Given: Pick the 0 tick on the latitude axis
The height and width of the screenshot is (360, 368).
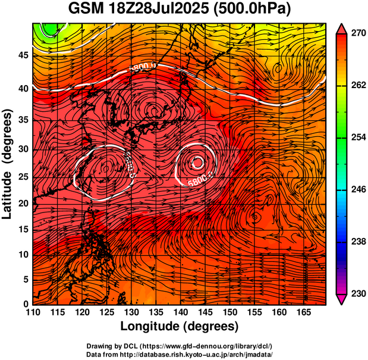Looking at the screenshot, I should pyautogui.click(x=26, y=305).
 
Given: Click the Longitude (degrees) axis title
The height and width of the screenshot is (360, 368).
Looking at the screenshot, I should pyautogui.click(x=180, y=326).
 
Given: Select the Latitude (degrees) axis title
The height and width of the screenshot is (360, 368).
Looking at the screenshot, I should pyautogui.click(x=8, y=164).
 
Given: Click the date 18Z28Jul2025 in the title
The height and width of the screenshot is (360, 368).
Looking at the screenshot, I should pyautogui.click(x=159, y=10).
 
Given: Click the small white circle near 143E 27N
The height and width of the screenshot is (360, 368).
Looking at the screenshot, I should pyautogui.click(x=197, y=162).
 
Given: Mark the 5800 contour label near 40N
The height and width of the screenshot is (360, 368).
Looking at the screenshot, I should pyautogui.click(x=142, y=68).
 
